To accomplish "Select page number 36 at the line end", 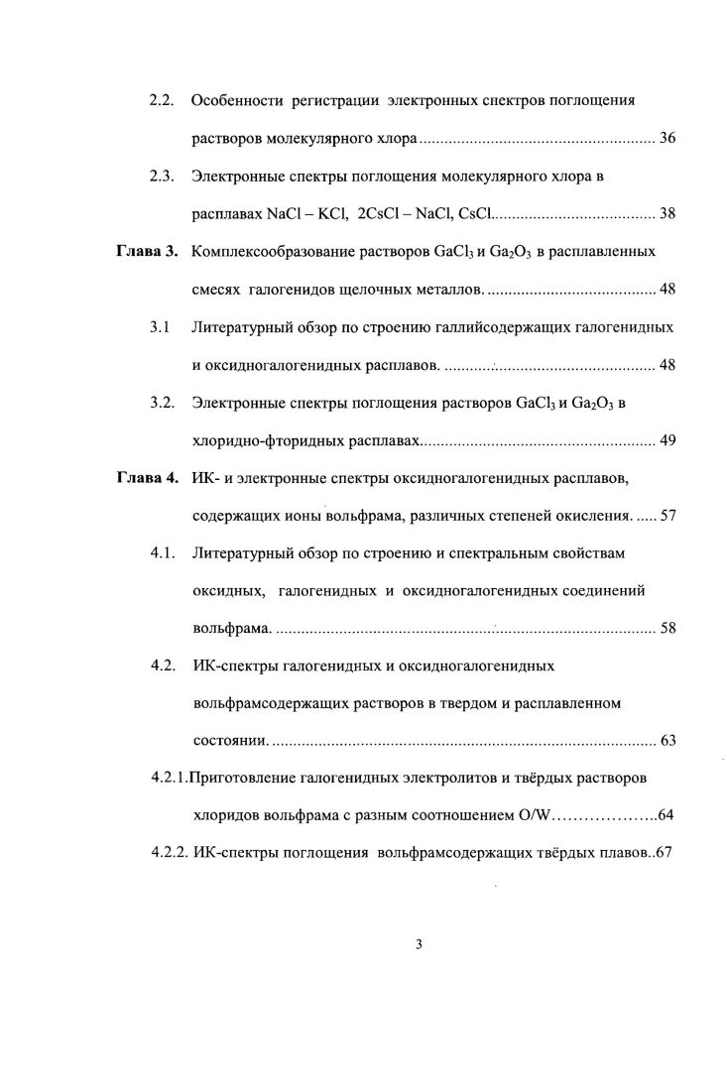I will click(666, 138).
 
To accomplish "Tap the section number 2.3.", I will click(162, 177).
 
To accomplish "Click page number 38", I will click(666, 213).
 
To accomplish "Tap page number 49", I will click(666, 440).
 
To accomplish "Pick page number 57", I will click(666, 516).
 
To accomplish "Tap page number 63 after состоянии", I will click(666, 741).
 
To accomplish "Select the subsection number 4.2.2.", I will click(170, 852).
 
